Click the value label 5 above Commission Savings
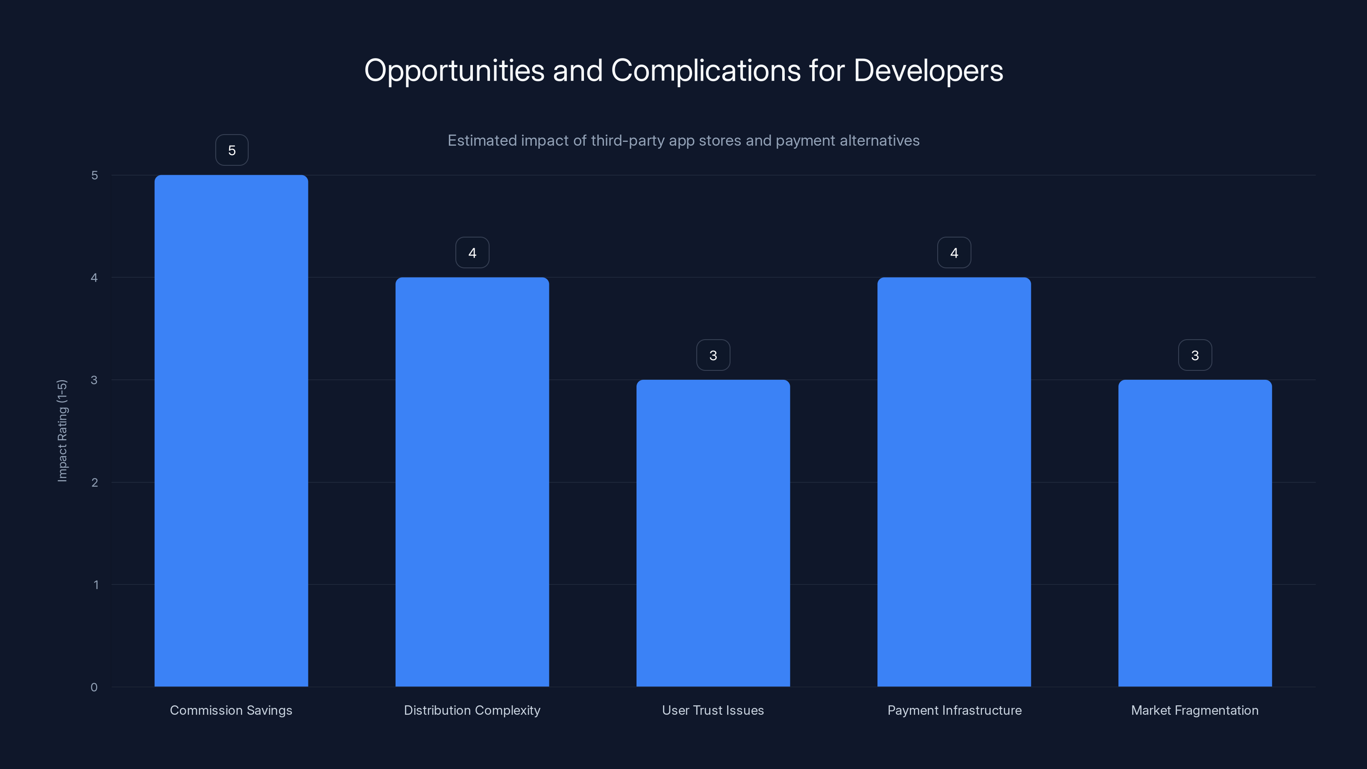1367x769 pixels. click(232, 150)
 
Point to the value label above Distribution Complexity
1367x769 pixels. click(472, 252)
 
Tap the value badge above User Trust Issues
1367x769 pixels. click(713, 355)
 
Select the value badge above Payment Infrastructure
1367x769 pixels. click(954, 252)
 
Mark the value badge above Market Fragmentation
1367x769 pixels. click(1195, 355)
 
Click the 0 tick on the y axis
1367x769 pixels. click(94, 687)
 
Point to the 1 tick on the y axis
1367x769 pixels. click(96, 585)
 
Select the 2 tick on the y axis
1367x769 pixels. click(94, 482)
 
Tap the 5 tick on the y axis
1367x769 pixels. click(94, 175)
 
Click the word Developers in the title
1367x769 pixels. click(928, 70)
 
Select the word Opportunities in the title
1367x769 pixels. click(454, 70)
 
